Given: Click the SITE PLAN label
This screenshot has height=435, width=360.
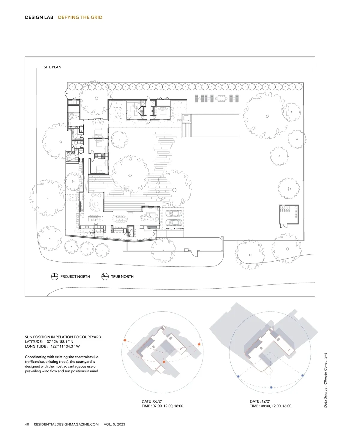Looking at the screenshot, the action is click(52, 67).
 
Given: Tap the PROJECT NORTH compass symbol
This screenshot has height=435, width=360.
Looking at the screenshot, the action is click(55, 277).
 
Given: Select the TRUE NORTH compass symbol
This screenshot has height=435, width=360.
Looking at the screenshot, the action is click(105, 277).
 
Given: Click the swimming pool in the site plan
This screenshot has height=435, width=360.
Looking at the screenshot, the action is click(210, 125).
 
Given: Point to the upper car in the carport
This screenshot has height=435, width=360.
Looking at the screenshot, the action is click(174, 213).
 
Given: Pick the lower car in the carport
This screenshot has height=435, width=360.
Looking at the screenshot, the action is click(174, 222).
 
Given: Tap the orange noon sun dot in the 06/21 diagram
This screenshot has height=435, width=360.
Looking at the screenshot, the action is click(164, 362).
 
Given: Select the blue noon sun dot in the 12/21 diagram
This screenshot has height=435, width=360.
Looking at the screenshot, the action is click(271, 387).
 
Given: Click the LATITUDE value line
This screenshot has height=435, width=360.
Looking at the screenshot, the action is click(49, 342).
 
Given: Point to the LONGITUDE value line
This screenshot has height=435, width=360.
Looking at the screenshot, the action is click(52, 346).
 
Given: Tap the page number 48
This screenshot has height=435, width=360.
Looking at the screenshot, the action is click(27, 424).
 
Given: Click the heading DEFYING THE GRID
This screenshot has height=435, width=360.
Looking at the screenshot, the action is click(80, 17).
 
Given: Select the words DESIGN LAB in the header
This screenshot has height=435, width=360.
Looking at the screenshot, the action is click(39, 17).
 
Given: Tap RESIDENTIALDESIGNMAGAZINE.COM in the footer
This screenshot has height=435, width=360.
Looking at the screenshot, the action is click(66, 424).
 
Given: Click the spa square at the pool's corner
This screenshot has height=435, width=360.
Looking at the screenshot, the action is click(186, 118).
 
